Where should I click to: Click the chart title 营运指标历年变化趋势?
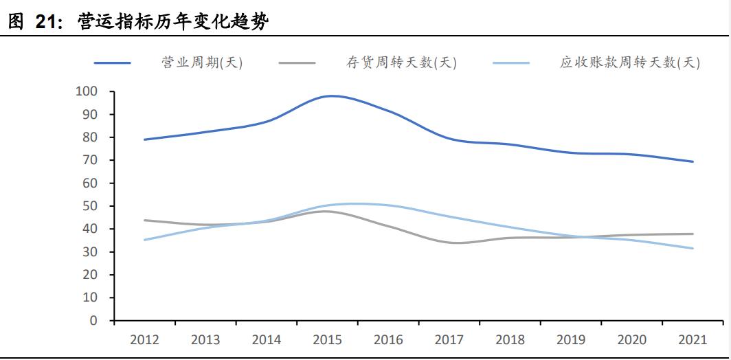click(x=174, y=22)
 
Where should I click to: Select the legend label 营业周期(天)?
click(x=202, y=63)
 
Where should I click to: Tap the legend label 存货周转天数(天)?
click(x=401, y=63)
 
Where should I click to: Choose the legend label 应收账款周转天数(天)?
click(x=630, y=63)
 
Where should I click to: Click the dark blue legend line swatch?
click(x=112, y=63)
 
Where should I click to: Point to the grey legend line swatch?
click(x=297, y=63)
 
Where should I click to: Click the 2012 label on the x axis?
click(x=144, y=339)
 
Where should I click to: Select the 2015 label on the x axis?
click(x=327, y=339)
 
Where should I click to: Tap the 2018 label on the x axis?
click(x=510, y=339)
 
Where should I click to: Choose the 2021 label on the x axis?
click(x=693, y=339)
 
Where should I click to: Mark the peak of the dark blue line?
click(x=332, y=96)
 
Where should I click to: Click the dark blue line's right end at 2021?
click(x=693, y=161)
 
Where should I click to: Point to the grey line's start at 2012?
click(x=144, y=221)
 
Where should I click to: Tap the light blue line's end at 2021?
click(x=693, y=249)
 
